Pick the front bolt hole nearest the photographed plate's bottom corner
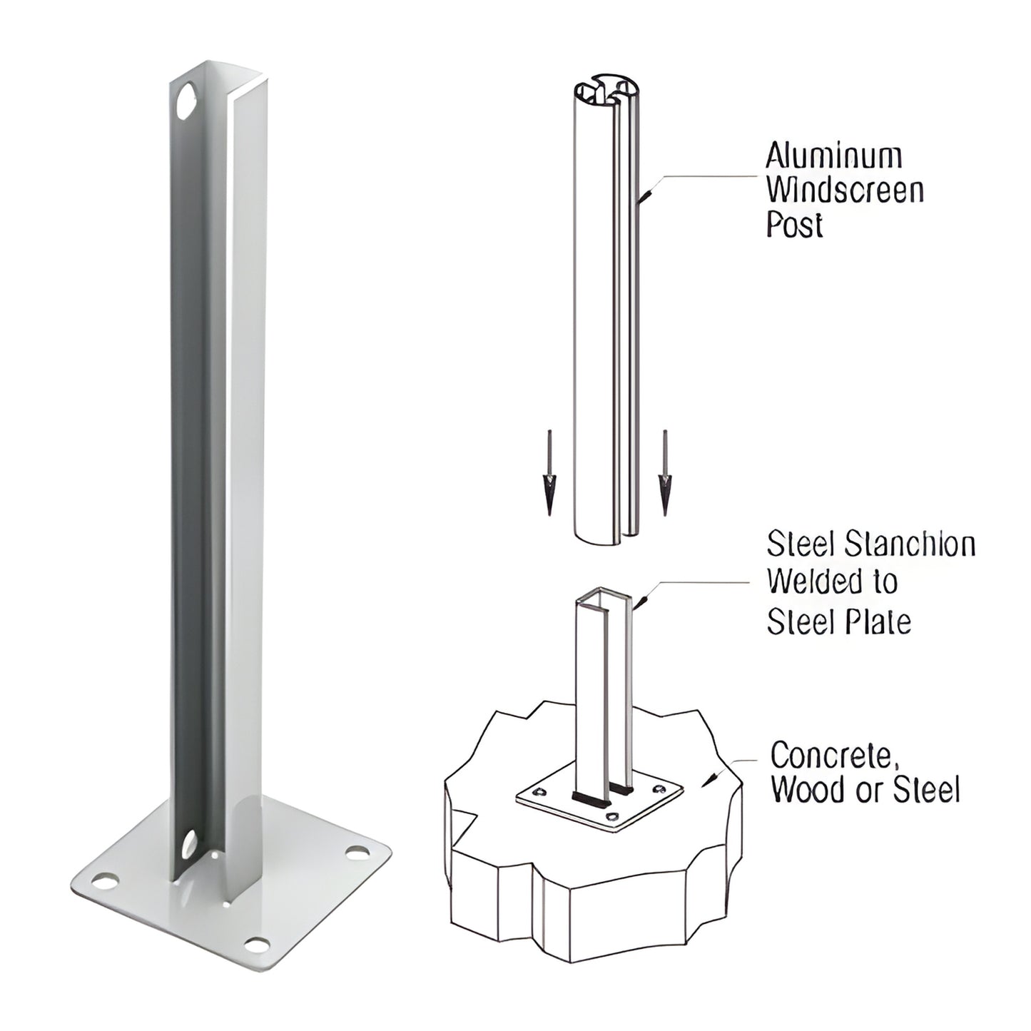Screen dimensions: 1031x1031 tap(255, 944)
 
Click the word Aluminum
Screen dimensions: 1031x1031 tap(833, 155)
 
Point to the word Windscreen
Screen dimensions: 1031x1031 tap(845, 190)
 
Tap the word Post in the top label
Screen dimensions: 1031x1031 tap(794, 225)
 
